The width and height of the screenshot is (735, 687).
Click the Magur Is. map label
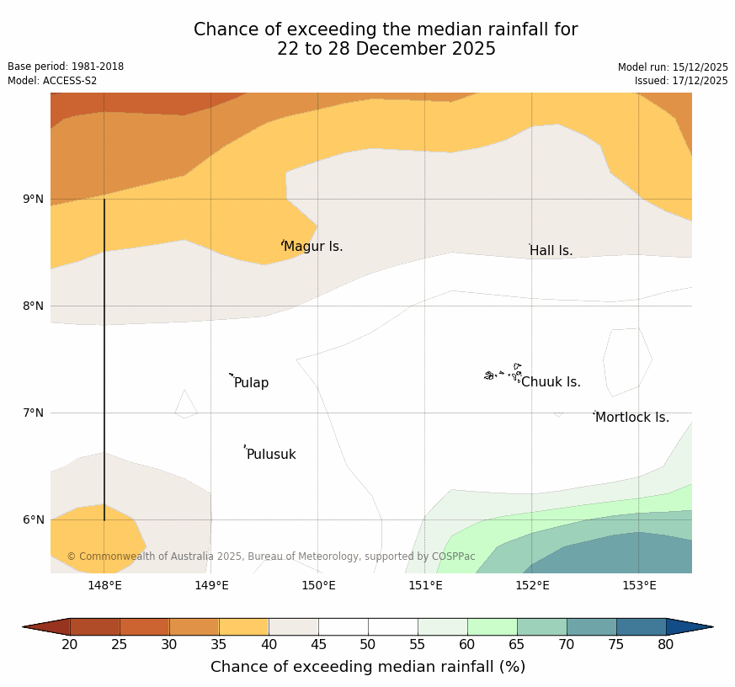313,247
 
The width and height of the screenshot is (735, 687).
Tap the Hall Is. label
551,251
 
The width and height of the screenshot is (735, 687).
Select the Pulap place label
251,383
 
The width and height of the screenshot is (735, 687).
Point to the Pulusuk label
271,455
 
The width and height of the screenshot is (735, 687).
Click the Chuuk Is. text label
551,382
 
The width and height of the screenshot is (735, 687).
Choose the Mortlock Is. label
631,418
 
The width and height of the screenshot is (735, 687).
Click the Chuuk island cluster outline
503,373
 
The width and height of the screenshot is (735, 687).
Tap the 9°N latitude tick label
34,200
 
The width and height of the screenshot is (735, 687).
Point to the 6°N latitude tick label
34,519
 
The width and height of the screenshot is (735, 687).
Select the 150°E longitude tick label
318,586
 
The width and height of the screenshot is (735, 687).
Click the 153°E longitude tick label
639,586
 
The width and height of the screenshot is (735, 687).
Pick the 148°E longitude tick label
104,586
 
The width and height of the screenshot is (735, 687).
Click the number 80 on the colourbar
665,645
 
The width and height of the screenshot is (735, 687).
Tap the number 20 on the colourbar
70,645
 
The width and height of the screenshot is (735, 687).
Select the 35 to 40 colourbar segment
243,626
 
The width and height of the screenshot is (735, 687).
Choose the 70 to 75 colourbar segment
591,626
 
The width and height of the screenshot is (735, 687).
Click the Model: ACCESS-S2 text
52,81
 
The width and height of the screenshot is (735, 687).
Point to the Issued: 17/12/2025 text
681,81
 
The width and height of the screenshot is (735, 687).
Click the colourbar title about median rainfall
368,667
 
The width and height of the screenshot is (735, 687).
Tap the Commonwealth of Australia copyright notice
271,557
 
